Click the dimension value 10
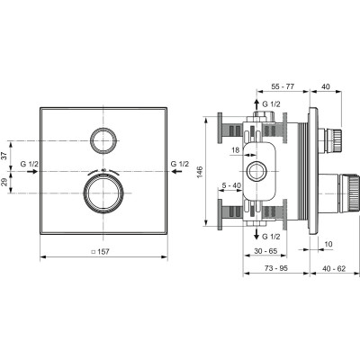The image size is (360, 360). point(328,244)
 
